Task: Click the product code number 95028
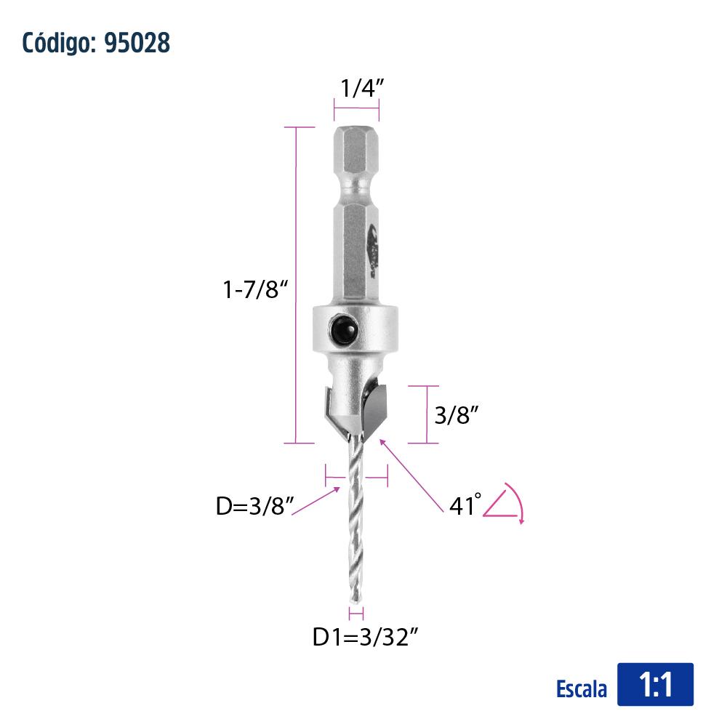pyautogui.click(x=137, y=43)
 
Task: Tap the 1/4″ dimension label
pyautogui.click(x=362, y=88)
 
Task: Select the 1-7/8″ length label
pyautogui.click(x=255, y=289)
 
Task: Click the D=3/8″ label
pyautogui.click(x=255, y=505)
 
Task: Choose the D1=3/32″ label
pyautogui.click(x=366, y=637)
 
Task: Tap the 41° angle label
pyautogui.click(x=465, y=505)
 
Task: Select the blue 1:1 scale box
pyautogui.click(x=655, y=684)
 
